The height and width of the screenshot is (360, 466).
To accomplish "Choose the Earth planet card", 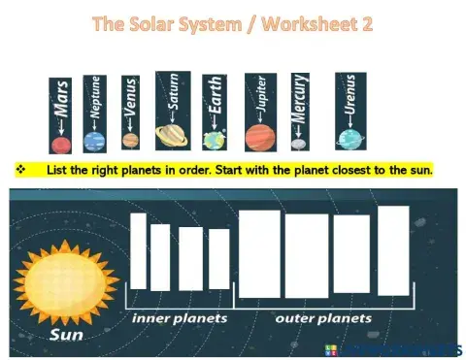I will [x=215, y=114].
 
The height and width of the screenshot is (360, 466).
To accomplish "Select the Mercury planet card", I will [x=300, y=114].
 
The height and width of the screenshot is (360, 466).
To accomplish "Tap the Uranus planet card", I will [x=349, y=112].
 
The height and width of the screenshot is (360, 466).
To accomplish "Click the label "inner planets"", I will [x=180, y=318].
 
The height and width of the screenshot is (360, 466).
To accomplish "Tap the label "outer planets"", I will [x=322, y=318].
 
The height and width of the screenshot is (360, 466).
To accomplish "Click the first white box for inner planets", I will [x=138, y=251].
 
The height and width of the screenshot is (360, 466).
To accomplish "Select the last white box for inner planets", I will [x=218, y=259].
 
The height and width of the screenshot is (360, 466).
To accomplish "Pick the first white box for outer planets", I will [x=258, y=254].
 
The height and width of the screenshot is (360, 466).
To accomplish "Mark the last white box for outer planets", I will [x=393, y=249].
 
